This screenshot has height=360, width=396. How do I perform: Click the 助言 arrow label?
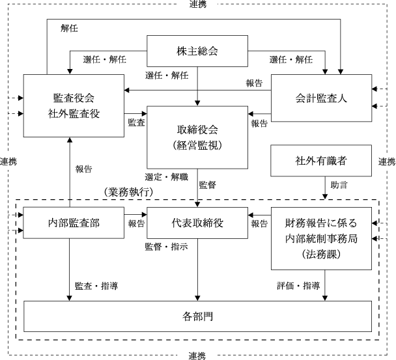[x=339, y=185]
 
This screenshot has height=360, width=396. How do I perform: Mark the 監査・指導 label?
[x=96, y=286]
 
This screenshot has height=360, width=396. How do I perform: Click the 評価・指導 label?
[x=298, y=286]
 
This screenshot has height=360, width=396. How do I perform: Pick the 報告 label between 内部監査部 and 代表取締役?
[x=137, y=223]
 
